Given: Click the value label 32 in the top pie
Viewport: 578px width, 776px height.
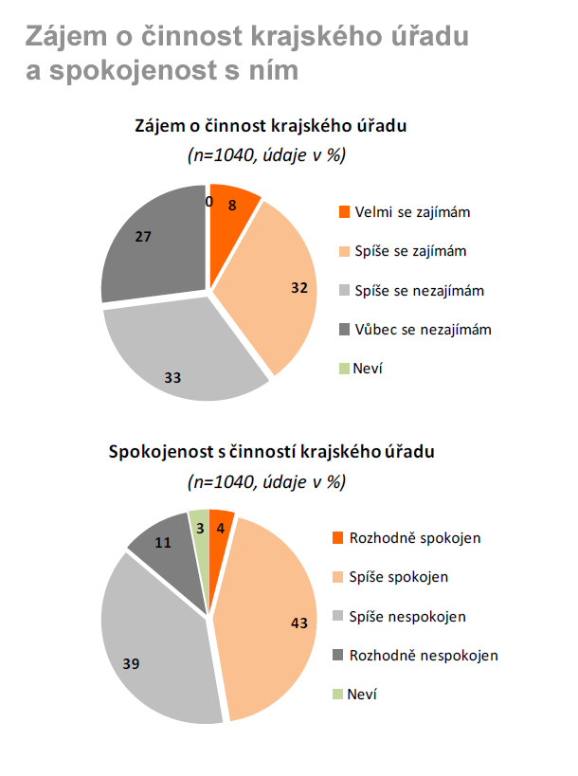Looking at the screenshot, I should click(299, 287).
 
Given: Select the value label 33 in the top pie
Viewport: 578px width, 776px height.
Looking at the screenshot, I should click(172, 377).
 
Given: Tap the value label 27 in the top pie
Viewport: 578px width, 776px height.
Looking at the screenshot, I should click(143, 237).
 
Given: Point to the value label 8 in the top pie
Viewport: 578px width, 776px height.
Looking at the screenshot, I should click(232, 204).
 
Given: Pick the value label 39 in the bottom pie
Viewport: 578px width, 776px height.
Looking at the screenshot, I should click(132, 663).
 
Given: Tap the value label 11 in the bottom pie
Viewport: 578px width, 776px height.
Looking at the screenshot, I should click(163, 544).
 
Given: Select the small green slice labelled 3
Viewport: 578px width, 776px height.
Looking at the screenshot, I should click(199, 528).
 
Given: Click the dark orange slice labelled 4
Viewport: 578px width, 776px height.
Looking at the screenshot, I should click(220, 527).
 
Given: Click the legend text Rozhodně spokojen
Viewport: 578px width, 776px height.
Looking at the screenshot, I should click(416, 537).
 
